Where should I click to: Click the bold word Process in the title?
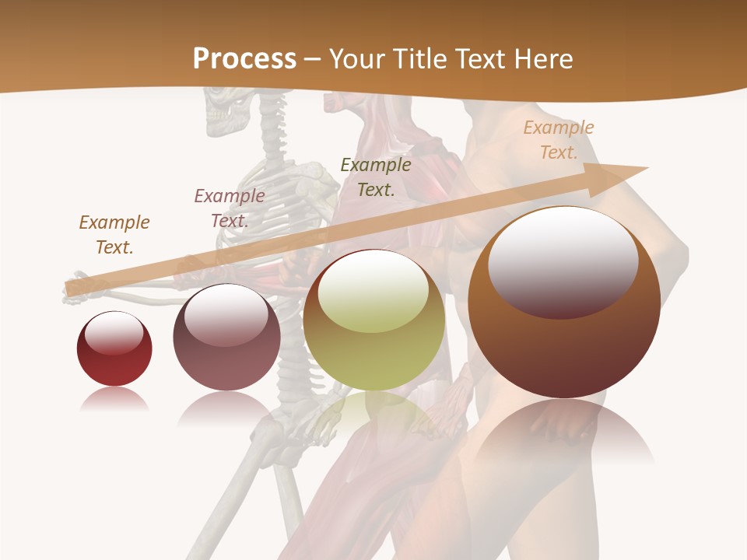pos(244,58)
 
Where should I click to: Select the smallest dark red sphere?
pos(114,349)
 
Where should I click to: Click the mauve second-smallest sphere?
pos(226,338)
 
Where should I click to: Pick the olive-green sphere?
pos(374,320)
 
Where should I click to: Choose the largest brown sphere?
pos(564,303)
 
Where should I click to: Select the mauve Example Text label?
pos(230,208)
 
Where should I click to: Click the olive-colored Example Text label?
pos(376,177)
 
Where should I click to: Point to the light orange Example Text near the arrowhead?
pos(559,140)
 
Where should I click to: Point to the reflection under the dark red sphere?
pos(114,401)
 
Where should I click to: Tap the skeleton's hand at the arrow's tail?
pos(82,284)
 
